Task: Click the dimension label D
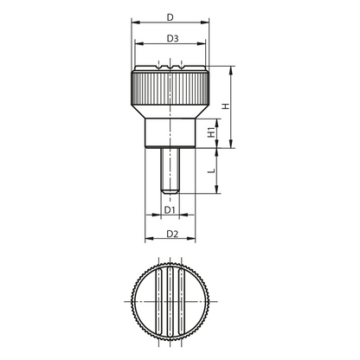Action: point(170,17)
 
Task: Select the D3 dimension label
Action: point(173,38)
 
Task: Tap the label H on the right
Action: point(226,106)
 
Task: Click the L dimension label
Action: point(212,170)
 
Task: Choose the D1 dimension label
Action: point(170,210)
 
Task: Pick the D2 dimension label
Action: point(172,234)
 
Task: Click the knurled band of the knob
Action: point(170,88)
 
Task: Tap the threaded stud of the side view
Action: point(170,170)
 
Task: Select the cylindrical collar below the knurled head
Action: point(170,133)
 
